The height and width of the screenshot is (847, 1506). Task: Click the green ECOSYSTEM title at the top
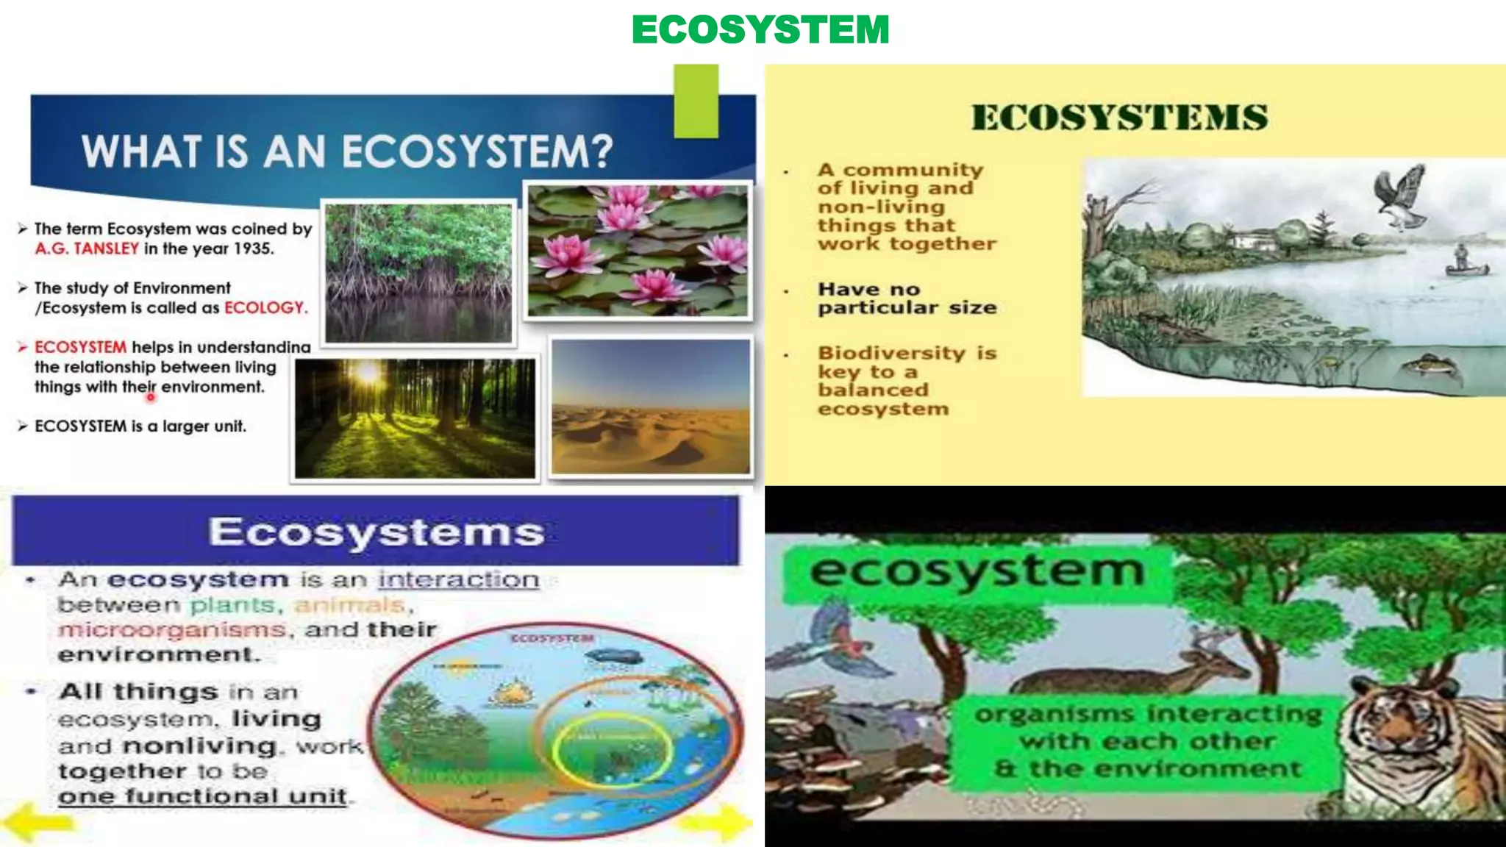[x=760, y=30]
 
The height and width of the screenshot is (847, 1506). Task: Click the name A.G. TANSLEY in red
[x=87, y=249]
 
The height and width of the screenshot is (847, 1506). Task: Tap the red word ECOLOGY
[x=265, y=307]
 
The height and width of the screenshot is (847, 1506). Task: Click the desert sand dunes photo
[x=651, y=407]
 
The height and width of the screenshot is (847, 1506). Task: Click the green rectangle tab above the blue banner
[x=696, y=101]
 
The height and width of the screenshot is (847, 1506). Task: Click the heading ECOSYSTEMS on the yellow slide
[x=1119, y=118]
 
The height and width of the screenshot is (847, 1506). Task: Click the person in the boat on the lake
[x=1462, y=258]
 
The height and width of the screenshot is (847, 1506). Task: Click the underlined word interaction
[x=459, y=580]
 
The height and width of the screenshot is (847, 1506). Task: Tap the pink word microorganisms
[x=171, y=630]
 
